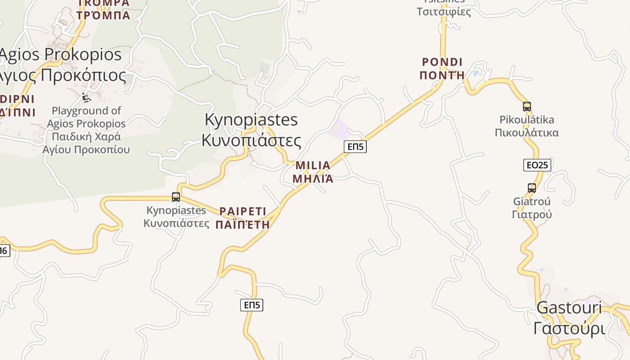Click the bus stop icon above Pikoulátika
527,107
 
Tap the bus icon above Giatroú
532,188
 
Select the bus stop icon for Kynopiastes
176,197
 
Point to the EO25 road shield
537,165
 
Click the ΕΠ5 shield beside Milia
355,146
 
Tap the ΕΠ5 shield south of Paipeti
252,305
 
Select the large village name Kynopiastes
251,120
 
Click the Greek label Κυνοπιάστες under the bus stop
176,223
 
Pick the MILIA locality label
313,166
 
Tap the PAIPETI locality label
243,211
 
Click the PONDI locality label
442,62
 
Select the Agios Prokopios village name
61,54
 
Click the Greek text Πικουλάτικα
527,133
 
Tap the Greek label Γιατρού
532,214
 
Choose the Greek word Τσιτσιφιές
444,12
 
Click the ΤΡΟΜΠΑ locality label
103,16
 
